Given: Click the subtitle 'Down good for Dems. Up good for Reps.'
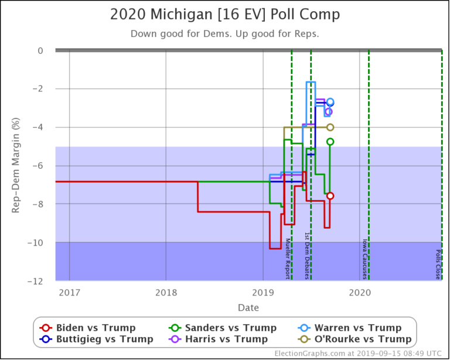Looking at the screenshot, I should pyautogui.click(x=224, y=33).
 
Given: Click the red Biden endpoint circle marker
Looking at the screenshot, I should pyautogui.click(x=330, y=196).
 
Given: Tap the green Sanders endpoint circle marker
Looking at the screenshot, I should pyautogui.click(x=330, y=141).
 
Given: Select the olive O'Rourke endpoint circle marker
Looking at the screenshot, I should pyautogui.click(x=330, y=127).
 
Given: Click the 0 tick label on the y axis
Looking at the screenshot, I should pyautogui.click(x=40, y=50).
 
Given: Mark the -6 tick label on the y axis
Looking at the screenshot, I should pyautogui.click(x=37, y=165).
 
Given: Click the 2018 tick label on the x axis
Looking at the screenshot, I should pyautogui.click(x=166, y=292).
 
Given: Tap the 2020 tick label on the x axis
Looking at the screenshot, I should pyautogui.click(x=359, y=292).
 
